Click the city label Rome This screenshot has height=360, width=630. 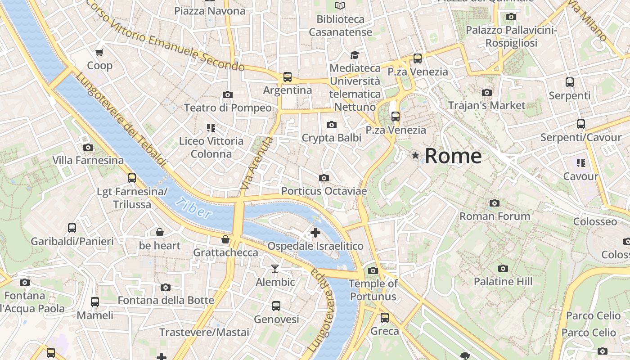[x=453, y=156]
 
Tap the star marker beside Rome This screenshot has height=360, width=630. [x=415, y=155]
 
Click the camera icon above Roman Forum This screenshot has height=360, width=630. [x=495, y=203]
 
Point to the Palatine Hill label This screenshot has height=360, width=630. [x=503, y=282]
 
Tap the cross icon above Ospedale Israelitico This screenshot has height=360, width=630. [x=315, y=233]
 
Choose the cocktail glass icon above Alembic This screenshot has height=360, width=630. [x=275, y=269]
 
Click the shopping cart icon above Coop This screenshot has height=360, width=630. [x=99, y=52]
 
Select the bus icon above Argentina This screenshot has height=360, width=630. [x=288, y=77]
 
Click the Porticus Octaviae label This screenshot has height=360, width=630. [x=324, y=191]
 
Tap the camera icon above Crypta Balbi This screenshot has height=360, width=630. [x=332, y=125]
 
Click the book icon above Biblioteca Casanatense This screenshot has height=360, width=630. [x=341, y=6]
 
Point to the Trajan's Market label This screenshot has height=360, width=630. [x=486, y=105]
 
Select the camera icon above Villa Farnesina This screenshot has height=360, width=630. [x=88, y=147]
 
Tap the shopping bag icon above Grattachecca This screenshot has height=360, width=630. [x=225, y=239]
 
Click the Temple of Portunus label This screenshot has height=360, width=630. [x=373, y=290]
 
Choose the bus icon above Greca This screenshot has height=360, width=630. [x=385, y=318]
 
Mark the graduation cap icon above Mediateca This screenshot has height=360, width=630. [x=355, y=55]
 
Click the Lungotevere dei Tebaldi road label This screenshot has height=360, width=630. [x=121, y=120]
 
